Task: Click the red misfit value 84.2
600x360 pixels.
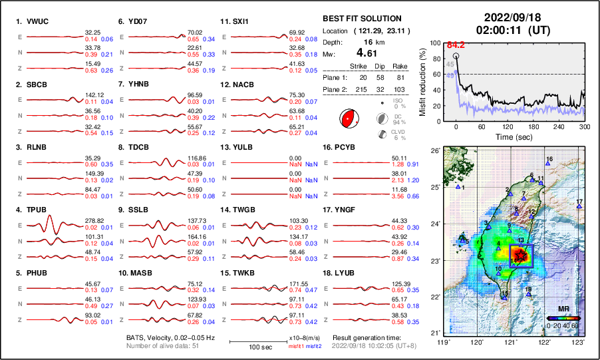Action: click(x=455, y=45)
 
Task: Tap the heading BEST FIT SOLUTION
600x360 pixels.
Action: click(x=362, y=19)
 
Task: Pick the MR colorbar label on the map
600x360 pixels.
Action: click(x=563, y=309)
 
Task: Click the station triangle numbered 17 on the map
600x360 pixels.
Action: click(x=579, y=206)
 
